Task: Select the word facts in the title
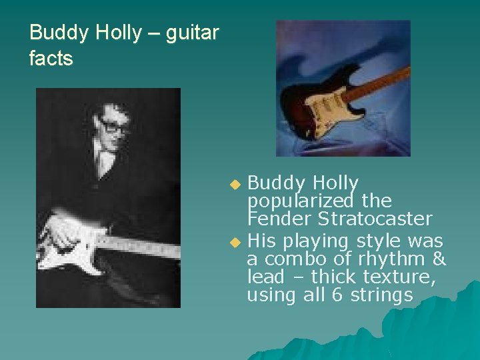(51, 59)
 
